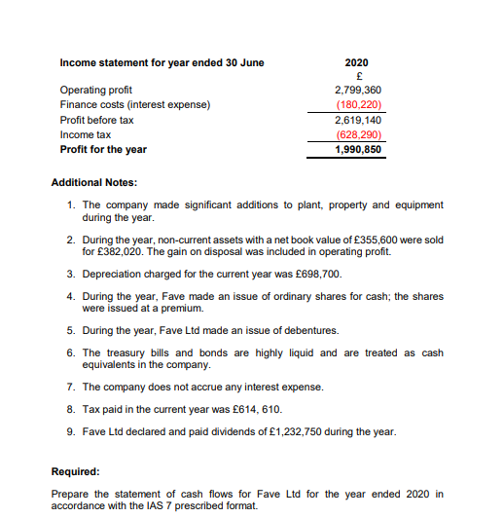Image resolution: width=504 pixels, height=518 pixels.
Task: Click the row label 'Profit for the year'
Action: (103, 149)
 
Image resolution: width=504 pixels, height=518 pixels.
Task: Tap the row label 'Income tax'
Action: (85, 134)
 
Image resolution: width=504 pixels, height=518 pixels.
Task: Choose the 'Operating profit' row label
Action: (96, 91)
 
